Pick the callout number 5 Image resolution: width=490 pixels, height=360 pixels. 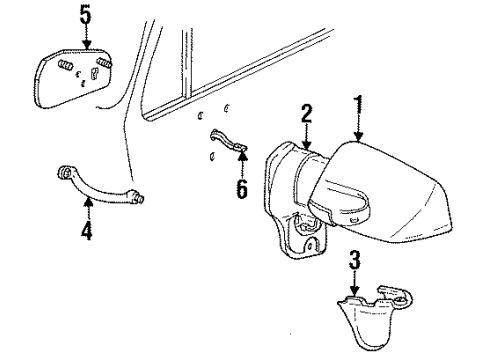pyautogui.click(x=85, y=16)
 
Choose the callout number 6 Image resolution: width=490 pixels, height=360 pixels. pyautogui.click(x=241, y=187)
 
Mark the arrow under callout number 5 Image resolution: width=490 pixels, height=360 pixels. pyautogui.click(x=86, y=38)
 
